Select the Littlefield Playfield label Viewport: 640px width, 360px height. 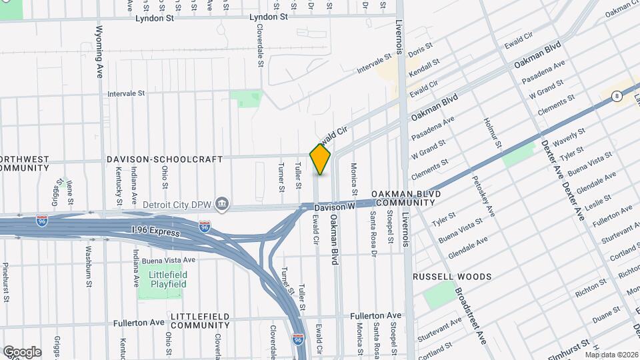[163, 279]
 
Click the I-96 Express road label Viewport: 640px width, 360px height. [155, 232]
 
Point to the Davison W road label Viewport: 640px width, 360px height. [334, 208]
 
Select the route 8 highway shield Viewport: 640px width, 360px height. [617, 97]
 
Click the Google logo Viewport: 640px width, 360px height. [22, 351]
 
